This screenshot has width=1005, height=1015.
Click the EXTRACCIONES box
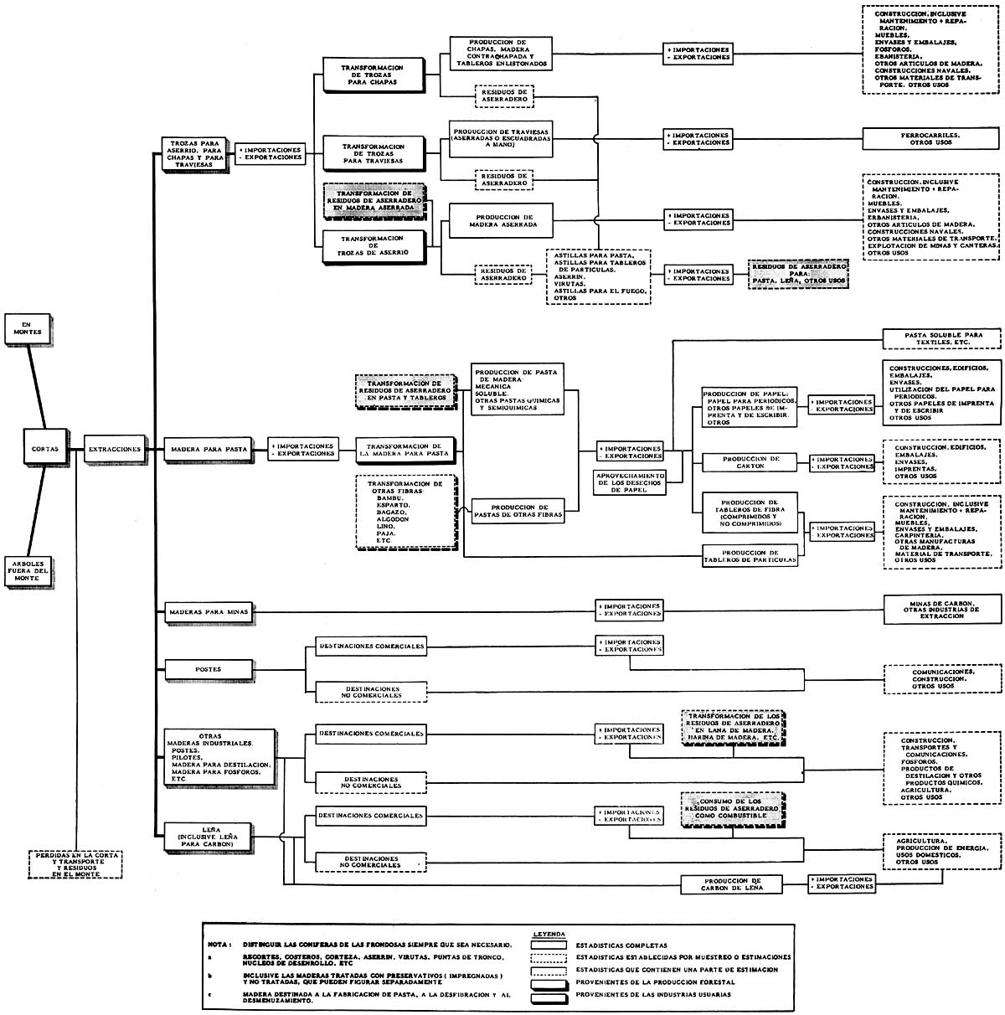[114, 449]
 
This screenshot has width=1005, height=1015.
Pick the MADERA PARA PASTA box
[208, 449]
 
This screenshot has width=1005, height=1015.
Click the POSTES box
[208, 669]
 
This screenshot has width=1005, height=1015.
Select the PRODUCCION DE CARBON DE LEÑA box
[732, 884]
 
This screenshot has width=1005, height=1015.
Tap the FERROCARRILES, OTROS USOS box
[930, 139]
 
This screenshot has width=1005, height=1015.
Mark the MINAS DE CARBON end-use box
[942, 610]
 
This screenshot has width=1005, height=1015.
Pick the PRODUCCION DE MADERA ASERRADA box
[500, 219]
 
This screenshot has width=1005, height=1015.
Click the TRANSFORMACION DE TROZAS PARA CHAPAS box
[374, 75]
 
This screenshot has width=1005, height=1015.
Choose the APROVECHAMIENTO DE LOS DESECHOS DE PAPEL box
[629, 482]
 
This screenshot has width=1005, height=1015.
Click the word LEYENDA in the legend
[549, 932]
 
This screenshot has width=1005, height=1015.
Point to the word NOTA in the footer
[219, 944]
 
